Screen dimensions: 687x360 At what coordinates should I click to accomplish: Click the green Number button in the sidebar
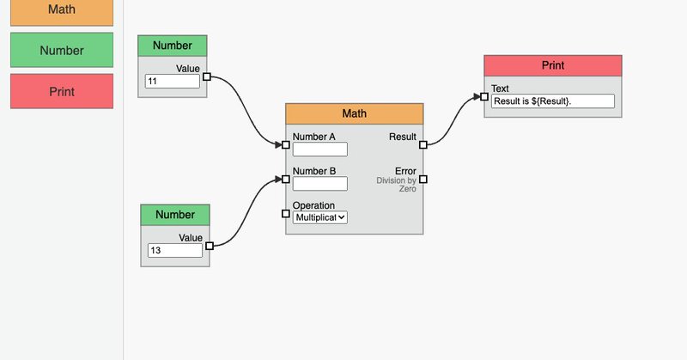click(x=62, y=50)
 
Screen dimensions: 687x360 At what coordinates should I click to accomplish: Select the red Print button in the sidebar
click(x=62, y=91)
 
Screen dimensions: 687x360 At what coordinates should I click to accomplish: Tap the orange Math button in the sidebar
click(x=62, y=12)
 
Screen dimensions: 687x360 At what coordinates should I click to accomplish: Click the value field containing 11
click(x=173, y=81)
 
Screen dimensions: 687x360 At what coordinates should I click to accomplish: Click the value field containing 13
click(x=175, y=250)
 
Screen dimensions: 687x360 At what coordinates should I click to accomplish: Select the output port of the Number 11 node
click(x=207, y=76)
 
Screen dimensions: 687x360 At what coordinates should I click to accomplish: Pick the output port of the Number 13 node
click(x=210, y=246)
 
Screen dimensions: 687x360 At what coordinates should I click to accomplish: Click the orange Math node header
click(x=355, y=114)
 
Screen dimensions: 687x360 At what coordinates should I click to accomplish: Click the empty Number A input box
click(x=319, y=149)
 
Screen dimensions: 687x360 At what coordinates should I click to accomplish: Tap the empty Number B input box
click(x=319, y=184)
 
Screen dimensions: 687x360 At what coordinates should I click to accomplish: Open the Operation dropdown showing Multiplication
click(x=319, y=217)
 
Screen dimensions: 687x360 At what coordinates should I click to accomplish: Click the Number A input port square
click(x=286, y=144)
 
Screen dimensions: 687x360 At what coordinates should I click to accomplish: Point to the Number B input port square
click(x=286, y=179)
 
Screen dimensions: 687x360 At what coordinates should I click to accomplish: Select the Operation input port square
click(x=286, y=214)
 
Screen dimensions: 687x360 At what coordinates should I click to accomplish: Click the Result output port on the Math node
click(x=423, y=144)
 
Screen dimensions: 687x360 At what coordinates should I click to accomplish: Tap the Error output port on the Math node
click(x=423, y=179)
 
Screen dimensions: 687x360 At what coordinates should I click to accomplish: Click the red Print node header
click(x=553, y=66)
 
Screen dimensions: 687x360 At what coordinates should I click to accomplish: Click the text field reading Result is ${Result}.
click(x=553, y=101)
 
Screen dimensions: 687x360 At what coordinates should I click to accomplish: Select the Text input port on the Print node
click(x=484, y=96)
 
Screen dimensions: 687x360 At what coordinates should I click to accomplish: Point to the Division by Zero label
click(x=397, y=185)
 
